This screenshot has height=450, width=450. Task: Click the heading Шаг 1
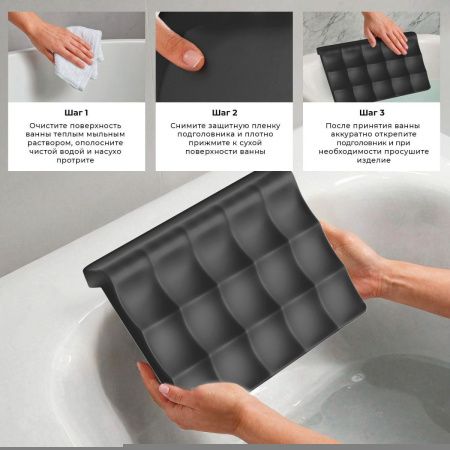coord(76,113)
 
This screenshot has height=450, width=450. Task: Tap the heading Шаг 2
coord(225,113)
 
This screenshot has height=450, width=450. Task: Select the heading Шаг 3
coord(372,113)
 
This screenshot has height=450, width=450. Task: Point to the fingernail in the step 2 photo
coord(193,58)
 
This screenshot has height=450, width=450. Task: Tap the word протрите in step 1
coord(75,160)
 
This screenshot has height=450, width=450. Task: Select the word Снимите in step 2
coord(188,126)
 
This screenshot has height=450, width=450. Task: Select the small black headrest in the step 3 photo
coord(373,68)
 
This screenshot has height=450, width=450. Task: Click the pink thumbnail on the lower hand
coord(164,388)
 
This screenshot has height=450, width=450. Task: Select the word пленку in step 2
coord(267,126)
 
